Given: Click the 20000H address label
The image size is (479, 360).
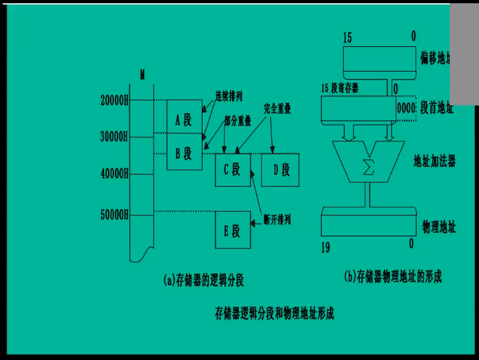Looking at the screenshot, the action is (x=115, y=100).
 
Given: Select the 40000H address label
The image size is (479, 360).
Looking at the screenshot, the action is (x=115, y=174).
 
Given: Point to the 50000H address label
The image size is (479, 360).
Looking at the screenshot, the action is (x=115, y=215).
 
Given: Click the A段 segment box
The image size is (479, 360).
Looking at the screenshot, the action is (x=184, y=120).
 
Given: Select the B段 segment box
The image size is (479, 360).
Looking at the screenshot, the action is (x=184, y=154).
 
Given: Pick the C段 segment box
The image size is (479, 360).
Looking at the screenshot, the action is (x=232, y=171).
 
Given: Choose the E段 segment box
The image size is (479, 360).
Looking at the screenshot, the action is (x=232, y=230).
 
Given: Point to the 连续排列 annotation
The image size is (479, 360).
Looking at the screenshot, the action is (x=229, y=95).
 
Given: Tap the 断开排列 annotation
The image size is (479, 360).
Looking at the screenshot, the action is (x=277, y=220).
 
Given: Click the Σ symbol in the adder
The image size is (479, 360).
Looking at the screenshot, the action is (x=368, y=166).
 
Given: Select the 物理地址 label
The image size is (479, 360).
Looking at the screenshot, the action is (x=439, y=227).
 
